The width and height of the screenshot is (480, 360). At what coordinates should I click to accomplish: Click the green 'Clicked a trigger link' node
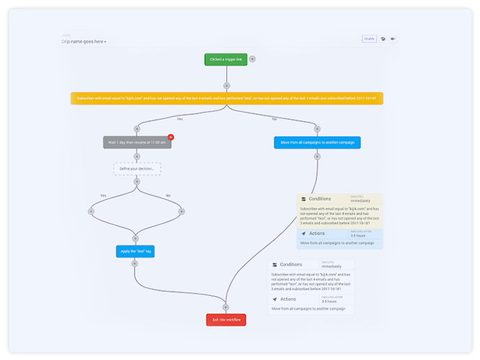click(x=226, y=59)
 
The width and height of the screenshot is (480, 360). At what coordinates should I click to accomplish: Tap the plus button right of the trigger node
click(x=252, y=59)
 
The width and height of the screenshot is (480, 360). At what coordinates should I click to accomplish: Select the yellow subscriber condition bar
click(x=226, y=98)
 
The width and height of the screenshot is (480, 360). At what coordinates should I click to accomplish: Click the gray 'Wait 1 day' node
click(x=137, y=142)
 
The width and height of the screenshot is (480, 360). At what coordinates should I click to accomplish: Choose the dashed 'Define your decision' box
click(x=137, y=169)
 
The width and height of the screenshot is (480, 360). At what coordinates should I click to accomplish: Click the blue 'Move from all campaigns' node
click(x=317, y=142)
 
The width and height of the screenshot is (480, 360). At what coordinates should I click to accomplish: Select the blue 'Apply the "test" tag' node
click(x=135, y=251)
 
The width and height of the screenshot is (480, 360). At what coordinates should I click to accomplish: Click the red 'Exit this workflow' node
click(x=226, y=320)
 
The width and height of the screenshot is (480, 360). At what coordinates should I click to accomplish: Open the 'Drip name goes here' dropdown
click(x=84, y=42)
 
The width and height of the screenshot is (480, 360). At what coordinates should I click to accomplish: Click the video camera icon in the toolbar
click(x=393, y=39)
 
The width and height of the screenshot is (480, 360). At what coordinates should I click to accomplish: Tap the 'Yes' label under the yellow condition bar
click(x=180, y=119)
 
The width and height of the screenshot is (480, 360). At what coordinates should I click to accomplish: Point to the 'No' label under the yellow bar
click(x=274, y=119)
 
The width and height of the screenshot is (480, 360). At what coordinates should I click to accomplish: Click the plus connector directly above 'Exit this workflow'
click(x=226, y=307)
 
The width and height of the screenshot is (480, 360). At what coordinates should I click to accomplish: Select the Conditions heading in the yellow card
click(x=320, y=199)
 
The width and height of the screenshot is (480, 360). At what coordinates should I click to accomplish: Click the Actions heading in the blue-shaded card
click(x=316, y=233)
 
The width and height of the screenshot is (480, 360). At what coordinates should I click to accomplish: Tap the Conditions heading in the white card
click(x=291, y=265)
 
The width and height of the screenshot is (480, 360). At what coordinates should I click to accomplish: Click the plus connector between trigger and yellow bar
click(x=226, y=86)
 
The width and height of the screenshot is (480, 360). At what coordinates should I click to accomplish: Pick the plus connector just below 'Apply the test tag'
click(x=135, y=264)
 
